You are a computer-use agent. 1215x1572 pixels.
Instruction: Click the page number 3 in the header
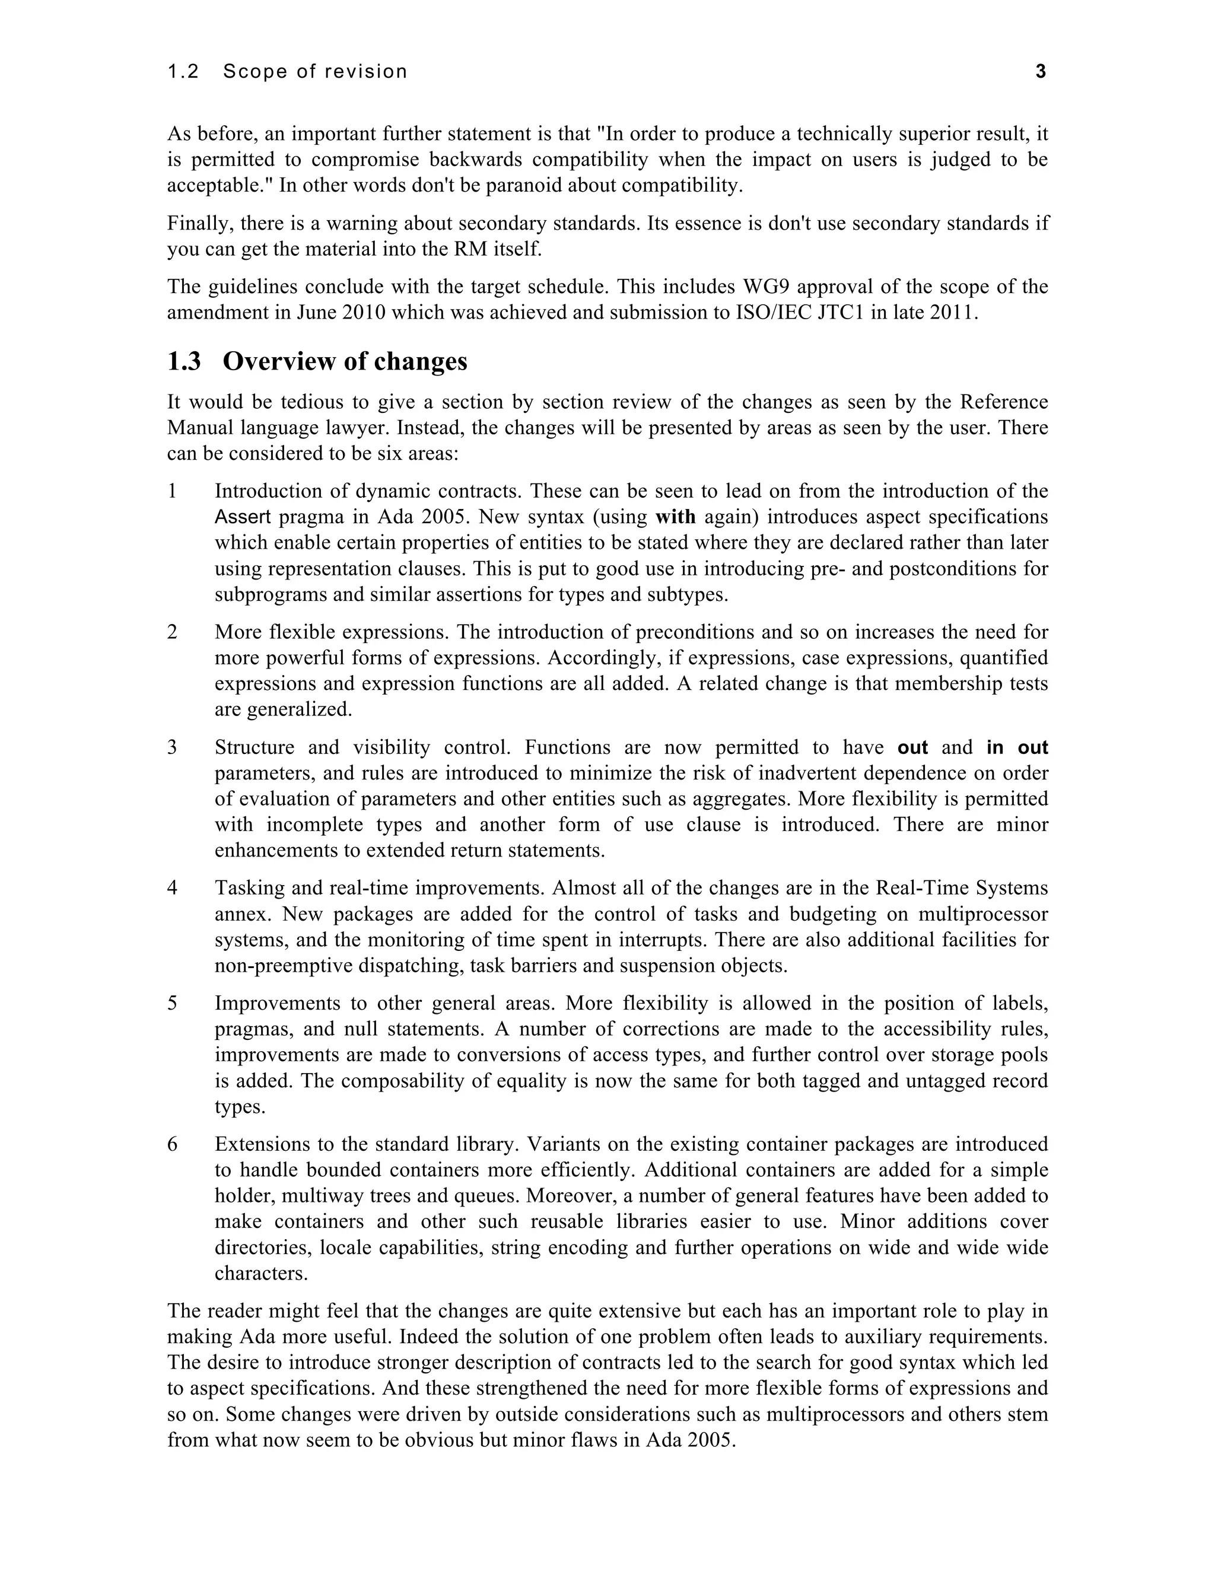(x=1040, y=71)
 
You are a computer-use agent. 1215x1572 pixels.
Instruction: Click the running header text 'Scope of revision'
(x=315, y=71)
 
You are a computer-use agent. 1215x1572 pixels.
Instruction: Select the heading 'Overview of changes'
(x=345, y=361)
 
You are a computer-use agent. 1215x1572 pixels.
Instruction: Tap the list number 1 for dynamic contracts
(x=172, y=491)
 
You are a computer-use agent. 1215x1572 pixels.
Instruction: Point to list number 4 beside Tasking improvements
(x=172, y=888)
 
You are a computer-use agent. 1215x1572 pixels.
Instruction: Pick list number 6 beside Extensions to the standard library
(x=172, y=1144)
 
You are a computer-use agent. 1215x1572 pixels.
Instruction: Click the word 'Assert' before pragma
(x=243, y=517)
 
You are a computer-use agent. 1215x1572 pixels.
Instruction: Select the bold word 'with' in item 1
(x=675, y=517)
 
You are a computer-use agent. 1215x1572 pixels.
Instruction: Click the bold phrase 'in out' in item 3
(x=1017, y=747)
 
